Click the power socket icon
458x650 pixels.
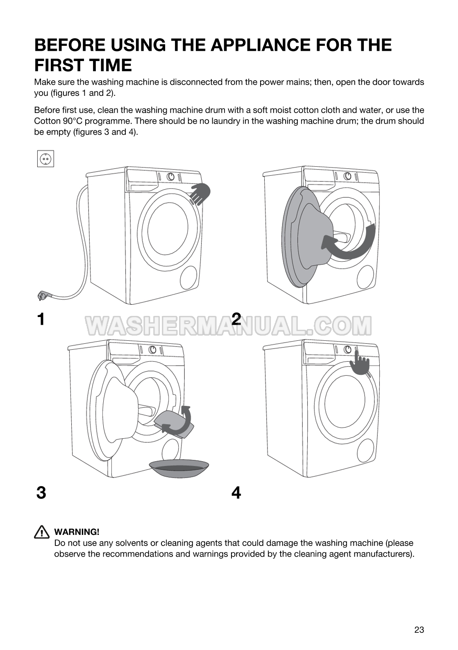click(45, 159)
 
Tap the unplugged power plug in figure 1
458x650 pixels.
click(41, 295)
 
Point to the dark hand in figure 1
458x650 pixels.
click(201, 193)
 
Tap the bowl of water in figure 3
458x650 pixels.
click(179, 469)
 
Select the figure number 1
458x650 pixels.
click(41, 319)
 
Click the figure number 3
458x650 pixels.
click(41, 493)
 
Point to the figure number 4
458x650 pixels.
click(236, 493)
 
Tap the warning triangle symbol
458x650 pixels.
click(42, 532)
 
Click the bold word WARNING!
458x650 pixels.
click(77, 532)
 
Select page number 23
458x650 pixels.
click(419, 630)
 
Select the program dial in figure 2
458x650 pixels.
click(347, 176)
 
